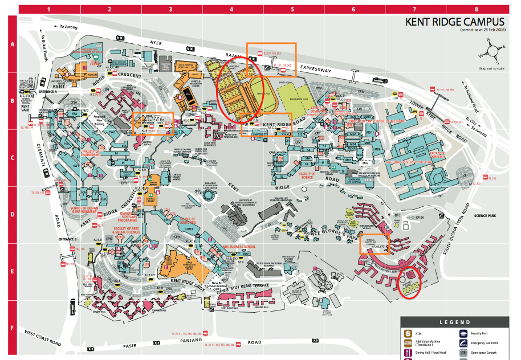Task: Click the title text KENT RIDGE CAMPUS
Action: point(454,22)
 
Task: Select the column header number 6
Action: point(353,9)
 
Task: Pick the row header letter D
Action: point(11,215)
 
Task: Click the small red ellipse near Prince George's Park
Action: point(410,281)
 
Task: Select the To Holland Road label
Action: point(474,94)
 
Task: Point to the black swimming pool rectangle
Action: point(187,93)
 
